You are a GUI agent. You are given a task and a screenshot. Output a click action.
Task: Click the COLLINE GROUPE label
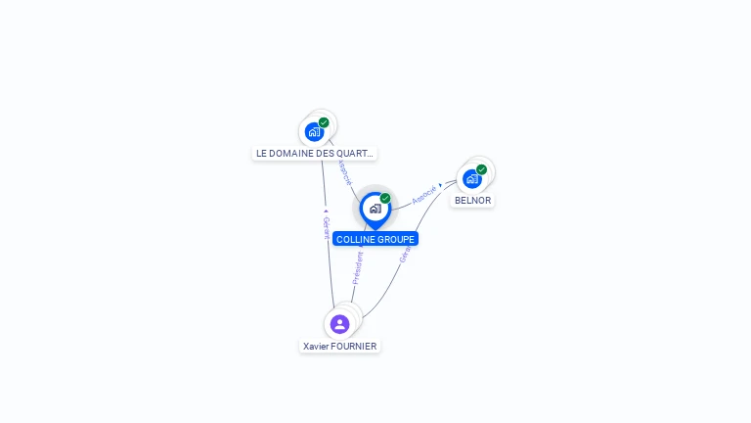click(375, 239)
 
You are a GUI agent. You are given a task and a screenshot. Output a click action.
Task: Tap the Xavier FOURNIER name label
click(339, 346)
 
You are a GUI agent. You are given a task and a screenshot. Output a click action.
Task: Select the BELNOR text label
click(472, 201)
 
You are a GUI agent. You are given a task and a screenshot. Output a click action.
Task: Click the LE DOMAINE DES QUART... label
click(314, 154)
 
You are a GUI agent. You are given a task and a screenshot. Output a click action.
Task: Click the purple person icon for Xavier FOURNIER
click(339, 323)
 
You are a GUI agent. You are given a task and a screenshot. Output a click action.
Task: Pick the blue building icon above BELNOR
click(471, 179)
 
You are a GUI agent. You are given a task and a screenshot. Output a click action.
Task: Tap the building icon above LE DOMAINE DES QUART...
click(313, 131)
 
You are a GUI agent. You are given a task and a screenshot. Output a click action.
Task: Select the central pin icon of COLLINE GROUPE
click(375, 208)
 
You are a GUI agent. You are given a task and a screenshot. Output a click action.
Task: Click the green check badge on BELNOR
click(482, 169)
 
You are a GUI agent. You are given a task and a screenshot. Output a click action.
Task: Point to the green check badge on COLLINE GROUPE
click(385, 198)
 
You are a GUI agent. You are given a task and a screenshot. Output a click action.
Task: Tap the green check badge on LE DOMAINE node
click(324, 122)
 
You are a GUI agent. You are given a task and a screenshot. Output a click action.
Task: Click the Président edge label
click(358, 267)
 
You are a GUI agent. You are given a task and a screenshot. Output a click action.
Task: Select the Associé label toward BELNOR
click(423, 194)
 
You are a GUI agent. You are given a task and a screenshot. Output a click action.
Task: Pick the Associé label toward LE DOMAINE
click(343, 171)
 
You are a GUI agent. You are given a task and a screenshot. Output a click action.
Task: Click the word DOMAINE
click(293, 154)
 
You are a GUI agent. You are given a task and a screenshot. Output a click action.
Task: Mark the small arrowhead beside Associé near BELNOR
click(441, 184)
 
